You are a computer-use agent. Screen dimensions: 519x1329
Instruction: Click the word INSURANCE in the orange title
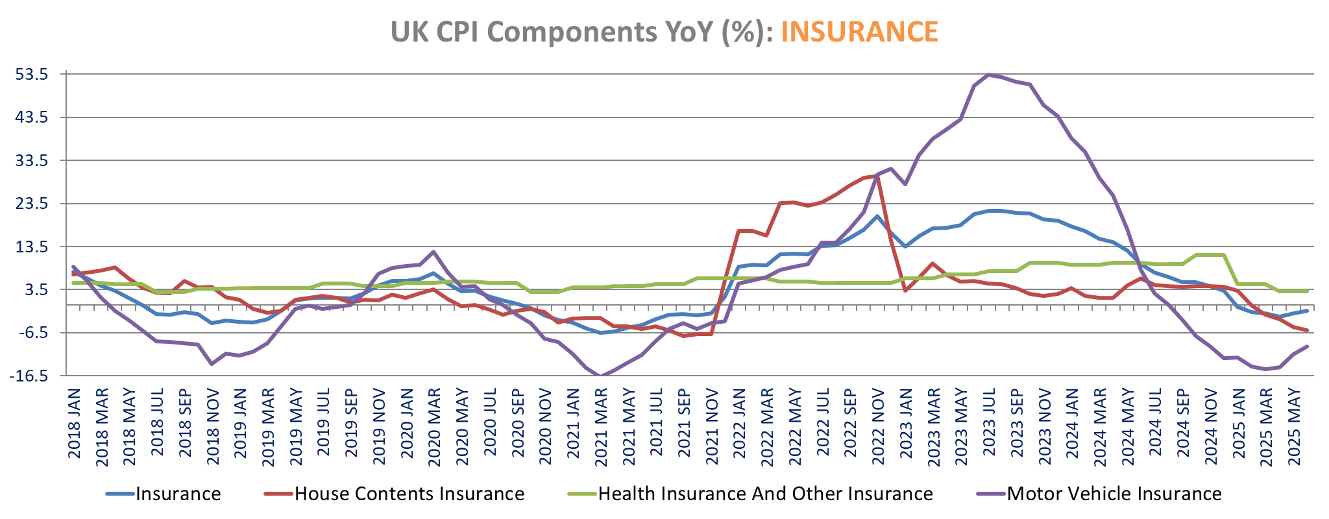point(859,31)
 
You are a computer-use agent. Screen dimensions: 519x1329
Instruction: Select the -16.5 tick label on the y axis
point(32,376)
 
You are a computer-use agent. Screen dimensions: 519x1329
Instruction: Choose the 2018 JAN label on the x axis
point(74,423)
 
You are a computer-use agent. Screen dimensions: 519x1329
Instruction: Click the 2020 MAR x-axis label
point(434,427)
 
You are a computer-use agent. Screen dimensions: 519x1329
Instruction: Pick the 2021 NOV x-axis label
point(711,426)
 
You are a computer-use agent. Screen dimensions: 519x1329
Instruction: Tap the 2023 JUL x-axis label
point(988,424)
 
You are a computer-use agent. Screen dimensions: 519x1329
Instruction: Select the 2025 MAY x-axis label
point(1293,426)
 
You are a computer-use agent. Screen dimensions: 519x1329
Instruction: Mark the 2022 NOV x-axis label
point(877,426)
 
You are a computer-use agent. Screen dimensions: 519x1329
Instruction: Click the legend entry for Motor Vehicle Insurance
point(1114,494)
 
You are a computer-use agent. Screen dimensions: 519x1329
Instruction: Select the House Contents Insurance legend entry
point(409,494)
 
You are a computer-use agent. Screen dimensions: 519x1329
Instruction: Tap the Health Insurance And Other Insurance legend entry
point(764,494)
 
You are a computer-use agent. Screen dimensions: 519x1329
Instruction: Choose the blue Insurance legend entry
point(178,494)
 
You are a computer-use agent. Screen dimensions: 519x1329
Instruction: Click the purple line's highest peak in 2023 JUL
point(988,75)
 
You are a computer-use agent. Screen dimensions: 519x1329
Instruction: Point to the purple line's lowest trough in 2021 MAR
point(600,376)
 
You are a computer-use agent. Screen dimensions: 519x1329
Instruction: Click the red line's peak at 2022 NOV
point(877,175)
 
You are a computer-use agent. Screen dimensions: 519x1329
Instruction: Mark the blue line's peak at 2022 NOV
point(877,216)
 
